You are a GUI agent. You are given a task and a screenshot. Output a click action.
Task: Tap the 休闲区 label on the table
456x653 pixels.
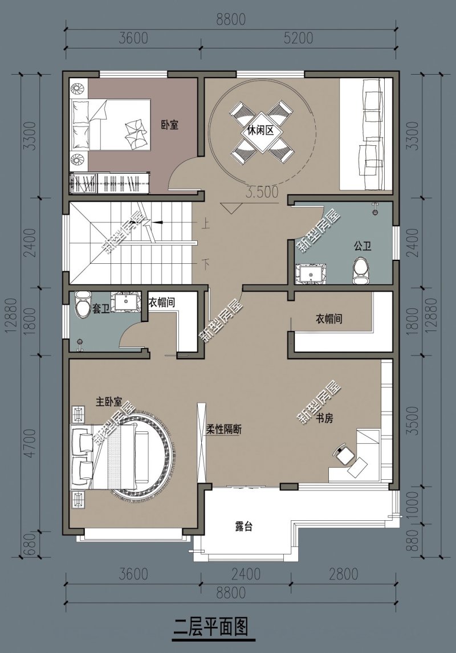coord(260,130)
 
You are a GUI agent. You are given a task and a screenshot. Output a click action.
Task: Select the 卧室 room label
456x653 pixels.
coord(170,125)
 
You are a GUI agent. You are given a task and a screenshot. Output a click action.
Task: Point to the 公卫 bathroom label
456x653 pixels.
coord(363,246)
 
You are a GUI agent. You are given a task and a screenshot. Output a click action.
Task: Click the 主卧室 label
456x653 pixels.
coord(109,402)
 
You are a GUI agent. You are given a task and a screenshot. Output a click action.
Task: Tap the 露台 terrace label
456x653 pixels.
coord(243,527)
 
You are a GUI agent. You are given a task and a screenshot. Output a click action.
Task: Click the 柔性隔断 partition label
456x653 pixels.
coord(224,430)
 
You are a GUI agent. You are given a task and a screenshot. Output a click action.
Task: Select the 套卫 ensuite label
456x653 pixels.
coord(101,309)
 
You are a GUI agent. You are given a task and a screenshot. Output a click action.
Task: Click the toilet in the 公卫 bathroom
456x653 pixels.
coord(360,270)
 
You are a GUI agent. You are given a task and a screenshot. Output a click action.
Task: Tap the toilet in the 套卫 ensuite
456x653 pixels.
coord(83,304)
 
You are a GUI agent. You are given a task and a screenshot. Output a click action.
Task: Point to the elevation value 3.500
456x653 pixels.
coord(262,192)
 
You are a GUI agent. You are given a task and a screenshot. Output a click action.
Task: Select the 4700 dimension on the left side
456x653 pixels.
coord(30,443)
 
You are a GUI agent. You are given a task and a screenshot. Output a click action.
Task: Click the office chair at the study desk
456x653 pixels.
coord(345,454)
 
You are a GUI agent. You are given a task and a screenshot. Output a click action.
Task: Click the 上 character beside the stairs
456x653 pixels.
coord(205,225)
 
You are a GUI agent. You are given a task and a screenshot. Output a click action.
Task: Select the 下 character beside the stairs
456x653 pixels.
coord(205,263)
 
